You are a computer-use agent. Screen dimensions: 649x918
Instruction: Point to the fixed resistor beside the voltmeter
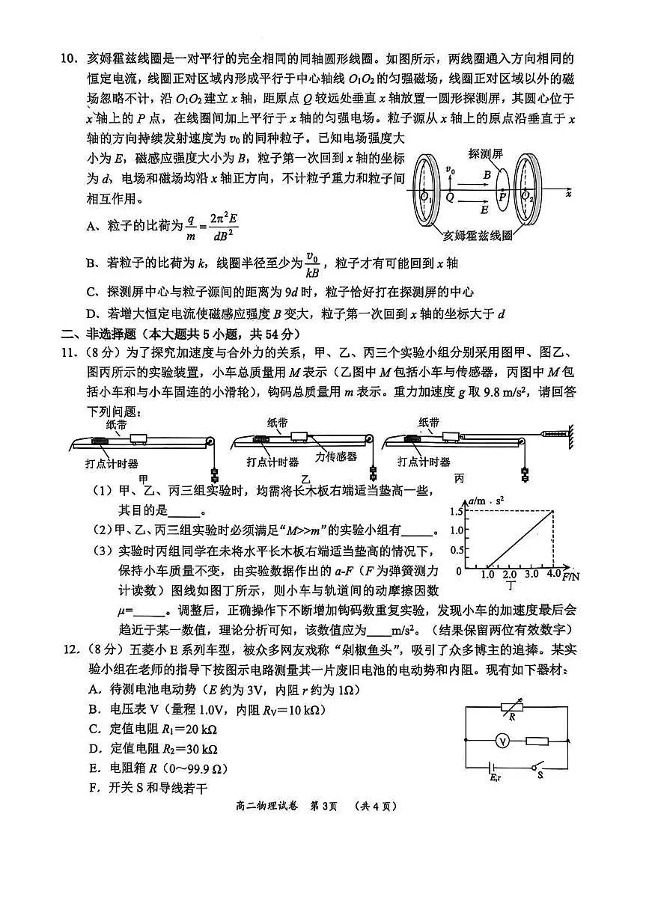tap(537, 740)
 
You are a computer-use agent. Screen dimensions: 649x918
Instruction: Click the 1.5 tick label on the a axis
tap(457, 511)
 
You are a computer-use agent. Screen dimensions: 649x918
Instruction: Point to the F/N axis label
tap(571, 578)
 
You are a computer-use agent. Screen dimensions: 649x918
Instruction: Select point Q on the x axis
tap(450, 197)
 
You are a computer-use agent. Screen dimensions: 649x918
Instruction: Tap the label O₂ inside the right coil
tap(528, 196)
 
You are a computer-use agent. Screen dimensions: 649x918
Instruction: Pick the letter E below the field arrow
tap(484, 210)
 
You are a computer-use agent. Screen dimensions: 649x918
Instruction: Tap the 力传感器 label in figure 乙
tap(336, 456)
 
